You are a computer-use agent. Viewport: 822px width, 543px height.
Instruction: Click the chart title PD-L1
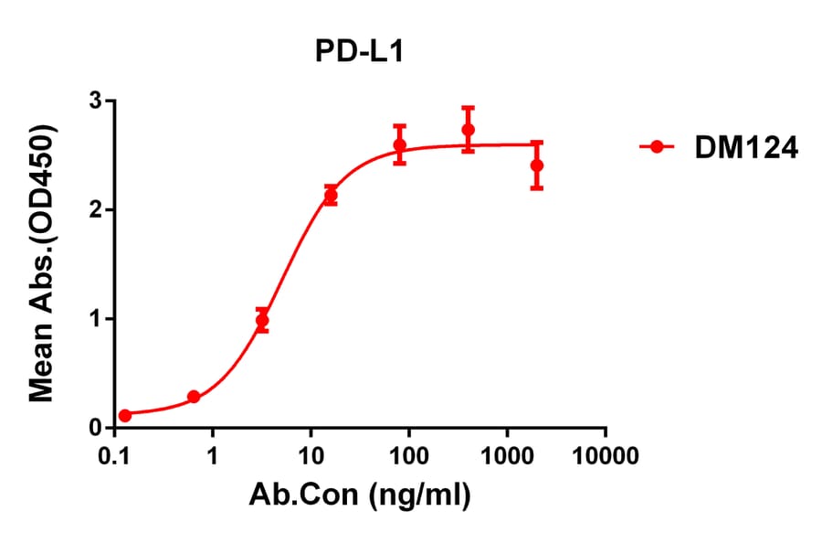tap(359, 52)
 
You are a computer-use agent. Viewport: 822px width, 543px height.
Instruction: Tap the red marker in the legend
tap(656, 146)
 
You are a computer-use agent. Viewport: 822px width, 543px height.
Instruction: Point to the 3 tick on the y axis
tap(95, 101)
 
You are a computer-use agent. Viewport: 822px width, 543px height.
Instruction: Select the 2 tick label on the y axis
tap(95, 209)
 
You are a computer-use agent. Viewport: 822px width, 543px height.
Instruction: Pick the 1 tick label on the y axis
tap(95, 319)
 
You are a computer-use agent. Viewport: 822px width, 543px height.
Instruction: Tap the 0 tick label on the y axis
tap(95, 428)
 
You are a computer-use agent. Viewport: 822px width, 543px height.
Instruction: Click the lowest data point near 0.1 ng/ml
tap(125, 415)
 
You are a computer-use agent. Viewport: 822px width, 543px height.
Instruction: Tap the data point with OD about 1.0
tap(262, 320)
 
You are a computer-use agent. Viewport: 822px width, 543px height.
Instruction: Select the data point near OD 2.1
tap(331, 196)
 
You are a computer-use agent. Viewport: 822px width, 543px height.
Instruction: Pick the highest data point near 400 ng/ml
tap(468, 130)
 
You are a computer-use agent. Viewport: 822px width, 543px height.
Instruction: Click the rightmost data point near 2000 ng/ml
tap(536, 165)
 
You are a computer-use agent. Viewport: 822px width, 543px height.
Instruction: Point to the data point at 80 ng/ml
tap(399, 144)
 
